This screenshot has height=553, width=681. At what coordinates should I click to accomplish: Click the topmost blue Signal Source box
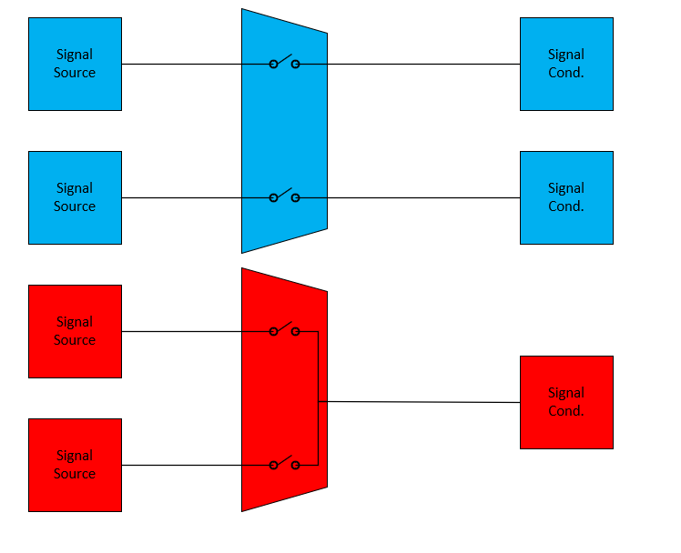click(75, 64)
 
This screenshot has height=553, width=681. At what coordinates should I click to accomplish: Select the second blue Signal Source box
click(75, 197)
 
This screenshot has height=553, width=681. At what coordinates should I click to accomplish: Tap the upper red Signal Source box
click(75, 331)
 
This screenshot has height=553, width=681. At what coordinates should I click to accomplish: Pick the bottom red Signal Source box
click(75, 465)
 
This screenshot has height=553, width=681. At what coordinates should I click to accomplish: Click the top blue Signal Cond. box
click(566, 64)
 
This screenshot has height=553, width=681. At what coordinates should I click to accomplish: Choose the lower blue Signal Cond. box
click(566, 197)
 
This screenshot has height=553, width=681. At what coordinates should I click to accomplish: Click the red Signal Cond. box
click(566, 402)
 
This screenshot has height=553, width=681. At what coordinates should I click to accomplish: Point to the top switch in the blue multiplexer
click(284, 63)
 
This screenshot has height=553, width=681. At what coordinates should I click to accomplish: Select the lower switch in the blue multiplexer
click(284, 196)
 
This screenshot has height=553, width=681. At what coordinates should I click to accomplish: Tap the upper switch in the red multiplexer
click(284, 330)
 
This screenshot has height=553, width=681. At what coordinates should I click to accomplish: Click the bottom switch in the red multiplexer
click(284, 464)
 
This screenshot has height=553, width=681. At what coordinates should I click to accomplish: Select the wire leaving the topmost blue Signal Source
click(182, 64)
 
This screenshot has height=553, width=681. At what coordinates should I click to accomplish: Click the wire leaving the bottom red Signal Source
click(182, 465)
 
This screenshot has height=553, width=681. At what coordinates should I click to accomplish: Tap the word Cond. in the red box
click(566, 411)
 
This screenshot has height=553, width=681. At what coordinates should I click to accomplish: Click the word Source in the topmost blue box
click(75, 73)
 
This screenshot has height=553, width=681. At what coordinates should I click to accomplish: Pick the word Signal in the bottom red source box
click(75, 456)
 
